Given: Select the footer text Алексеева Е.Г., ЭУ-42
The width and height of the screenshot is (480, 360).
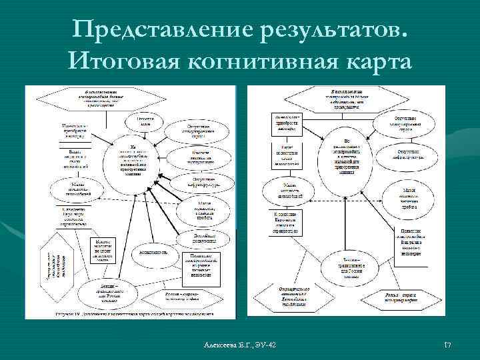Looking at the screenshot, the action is tap(242, 344).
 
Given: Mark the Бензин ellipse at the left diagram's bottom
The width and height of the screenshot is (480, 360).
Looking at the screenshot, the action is tap(103, 289).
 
